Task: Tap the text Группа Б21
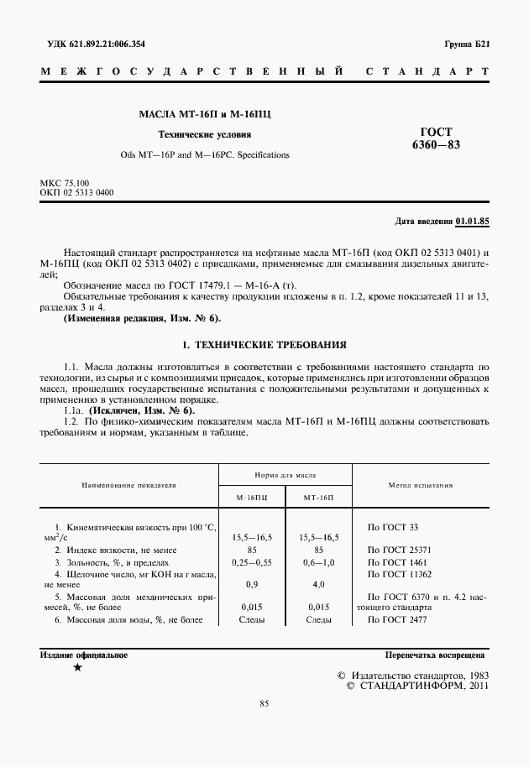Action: tap(467, 44)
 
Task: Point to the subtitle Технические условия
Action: tap(205, 134)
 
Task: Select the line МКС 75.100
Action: tap(65, 183)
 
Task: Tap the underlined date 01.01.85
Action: tap(472, 222)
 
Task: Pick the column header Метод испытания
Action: tap(421, 485)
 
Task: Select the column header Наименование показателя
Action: tap(128, 485)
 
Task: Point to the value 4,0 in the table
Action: tap(318, 584)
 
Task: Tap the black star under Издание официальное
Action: tap(78, 668)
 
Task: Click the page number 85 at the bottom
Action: tap(263, 727)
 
